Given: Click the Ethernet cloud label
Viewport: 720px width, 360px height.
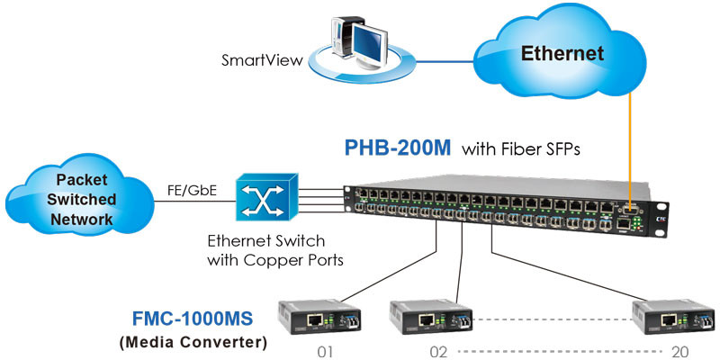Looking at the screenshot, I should click(562, 53).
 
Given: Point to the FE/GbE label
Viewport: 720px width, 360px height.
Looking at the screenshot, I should click(191, 190).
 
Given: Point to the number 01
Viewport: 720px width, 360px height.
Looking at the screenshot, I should click(326, 351).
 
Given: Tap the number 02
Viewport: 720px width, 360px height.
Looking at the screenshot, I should click(440, 351).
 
